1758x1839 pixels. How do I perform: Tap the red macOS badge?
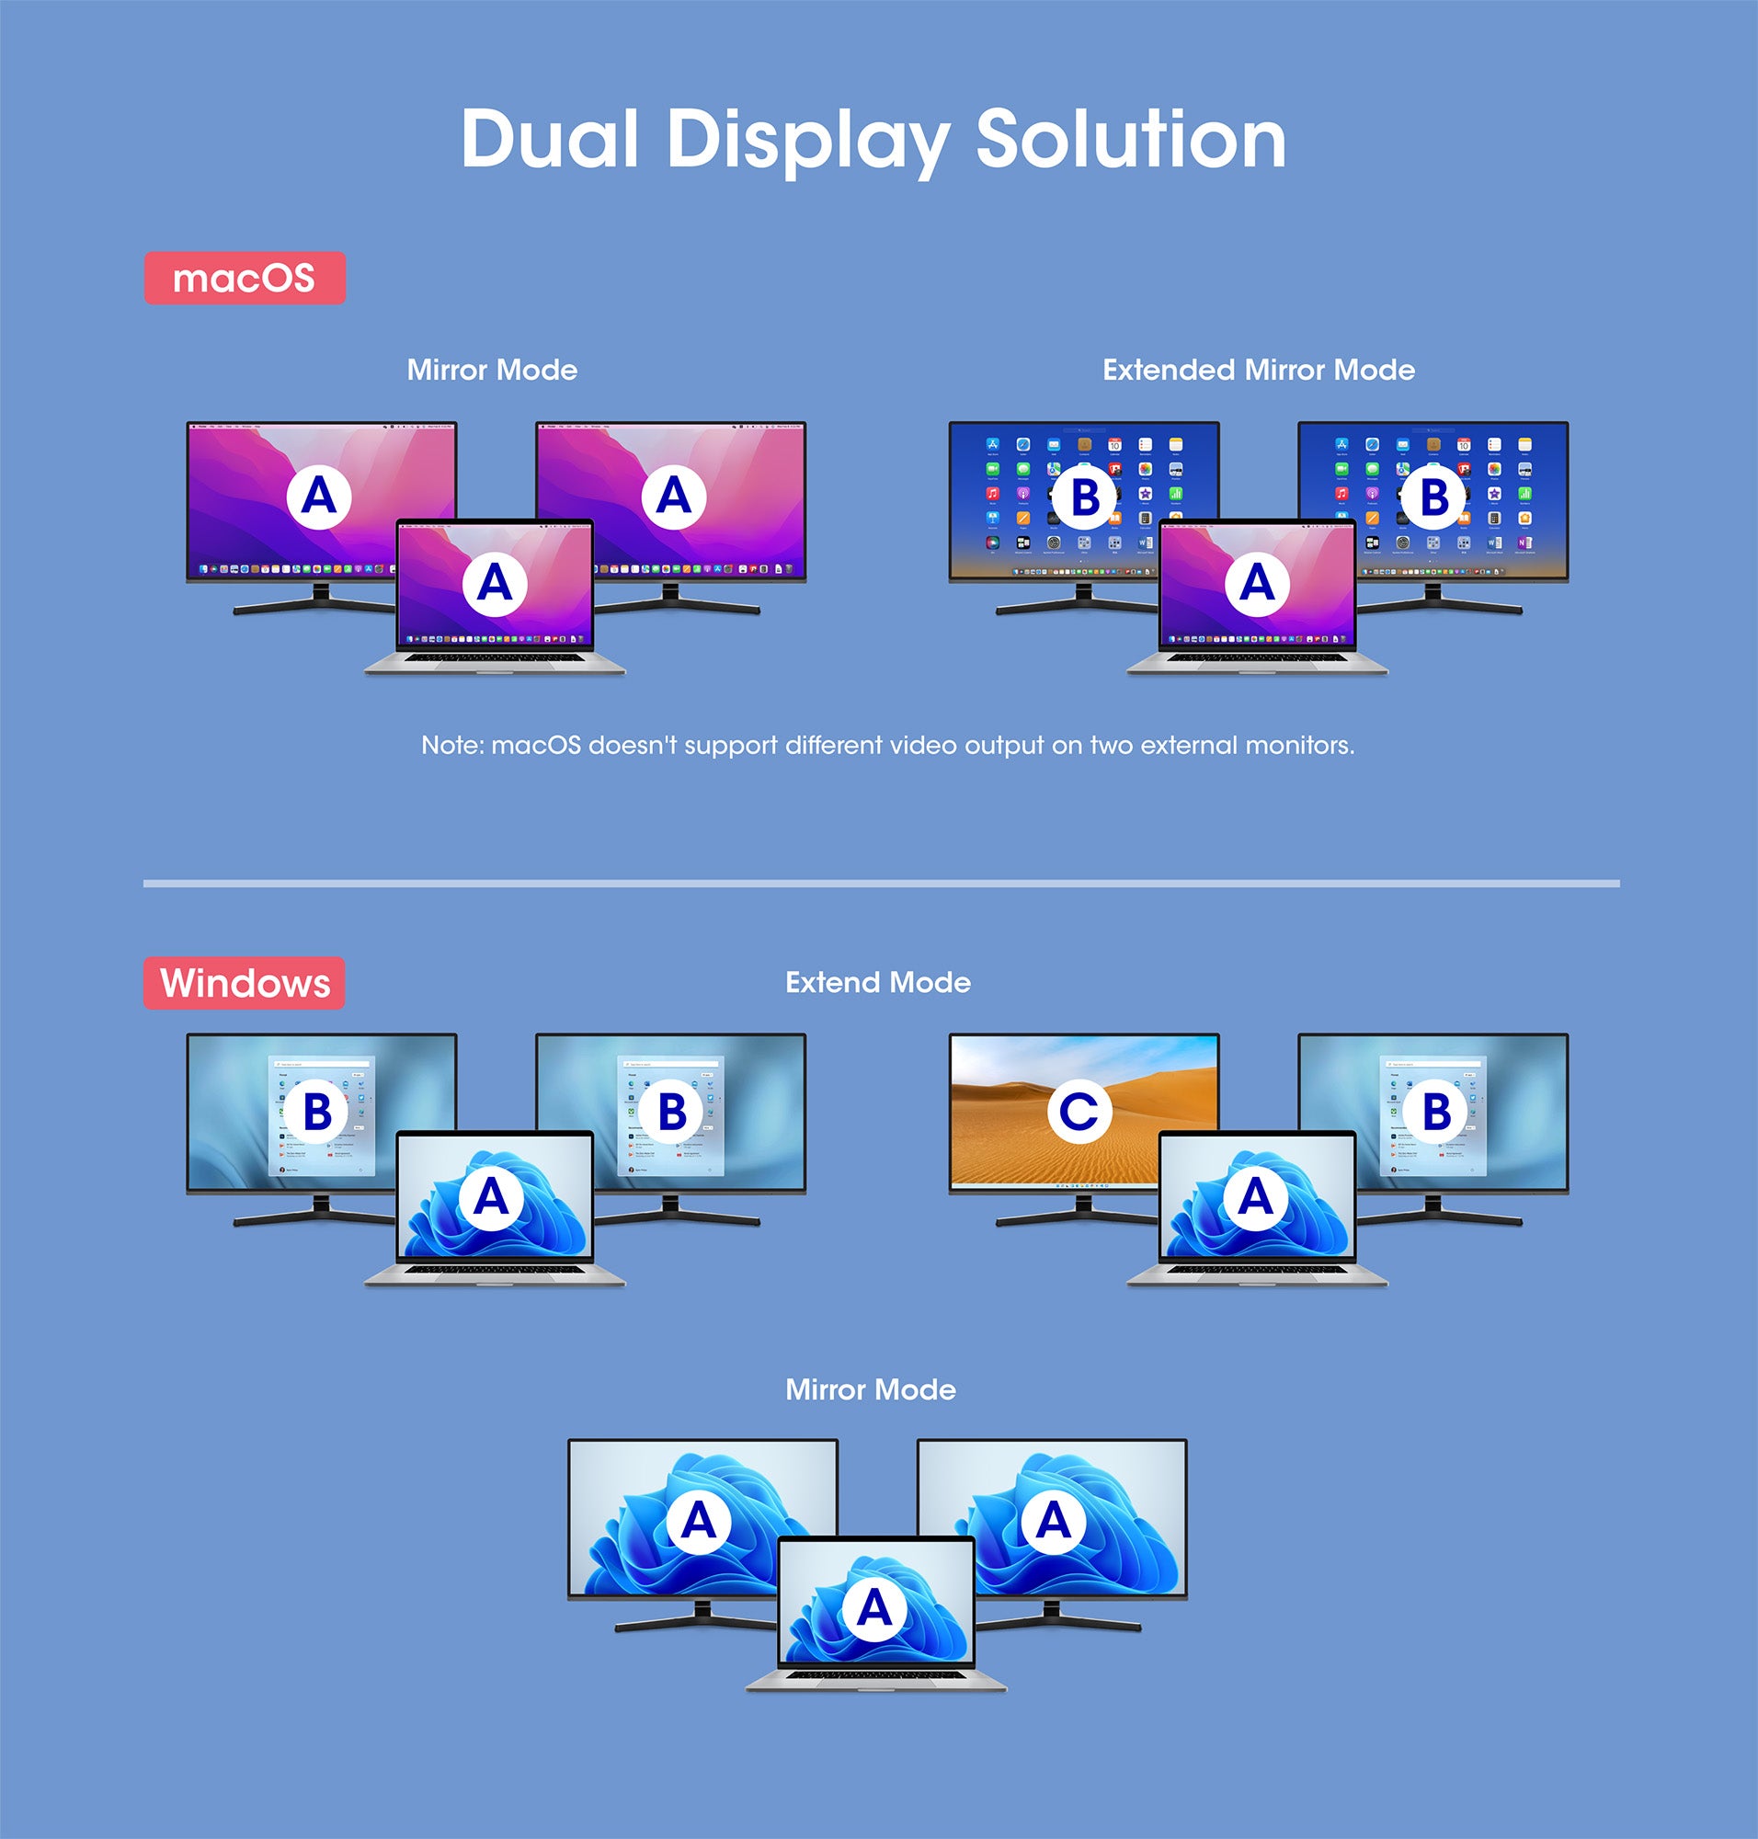[x=245, y=279]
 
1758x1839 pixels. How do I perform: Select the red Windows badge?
[x=245, y=983]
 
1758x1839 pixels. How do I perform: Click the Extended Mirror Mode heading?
[x=1258, y=371]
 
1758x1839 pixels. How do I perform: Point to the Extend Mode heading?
[x=877, y=982]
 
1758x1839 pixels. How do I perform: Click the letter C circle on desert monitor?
[x=1079, y=1111]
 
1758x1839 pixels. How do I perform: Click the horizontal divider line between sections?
[x=881, y=883]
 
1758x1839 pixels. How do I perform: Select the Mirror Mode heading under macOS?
[x=492, y=371]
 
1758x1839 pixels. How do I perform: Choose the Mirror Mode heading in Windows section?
[x=871, y=1389]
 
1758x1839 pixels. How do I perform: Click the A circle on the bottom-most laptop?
[x=874, y=1608]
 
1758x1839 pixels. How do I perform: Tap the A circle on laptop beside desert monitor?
[x=1256, y=1197]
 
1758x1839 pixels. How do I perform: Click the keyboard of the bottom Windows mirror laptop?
[x=875, y=1675]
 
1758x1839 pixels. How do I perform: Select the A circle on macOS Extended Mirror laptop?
[x=1257, y=584]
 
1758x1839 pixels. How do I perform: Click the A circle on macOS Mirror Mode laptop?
[x=495, y=584]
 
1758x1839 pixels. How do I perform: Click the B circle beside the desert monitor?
[x=1435, y=1113]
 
